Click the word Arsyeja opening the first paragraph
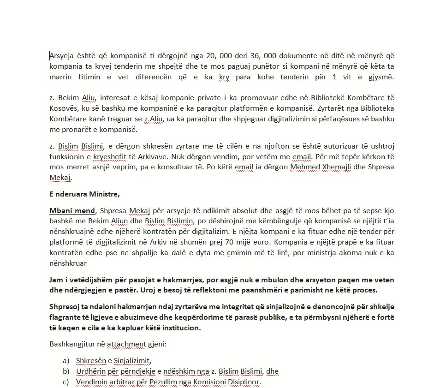click(x=62, y=56)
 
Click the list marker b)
click(x=65, y=371)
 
